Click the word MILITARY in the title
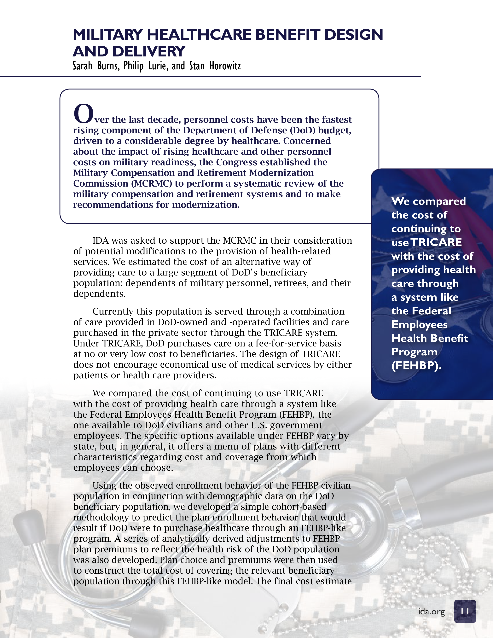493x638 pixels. pyautogui.click(x=108, y=35)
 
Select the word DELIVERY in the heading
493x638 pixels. pyautogui.click(x=149, y=52)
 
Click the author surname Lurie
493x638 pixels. pyautogui.click(x=158, y=66)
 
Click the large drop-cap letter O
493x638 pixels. pyautogui.click(x=83, y=114)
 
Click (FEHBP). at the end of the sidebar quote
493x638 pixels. pyautogui.click(x=416, y=365)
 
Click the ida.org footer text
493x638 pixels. pyautogui.click(x=431, y=611)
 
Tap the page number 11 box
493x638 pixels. pyautogui.click(x=465, y=611)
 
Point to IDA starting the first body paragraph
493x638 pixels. pyautogui.click(x=101, y=241)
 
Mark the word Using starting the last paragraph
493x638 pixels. pyautogui.click(x=105, y=485)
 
